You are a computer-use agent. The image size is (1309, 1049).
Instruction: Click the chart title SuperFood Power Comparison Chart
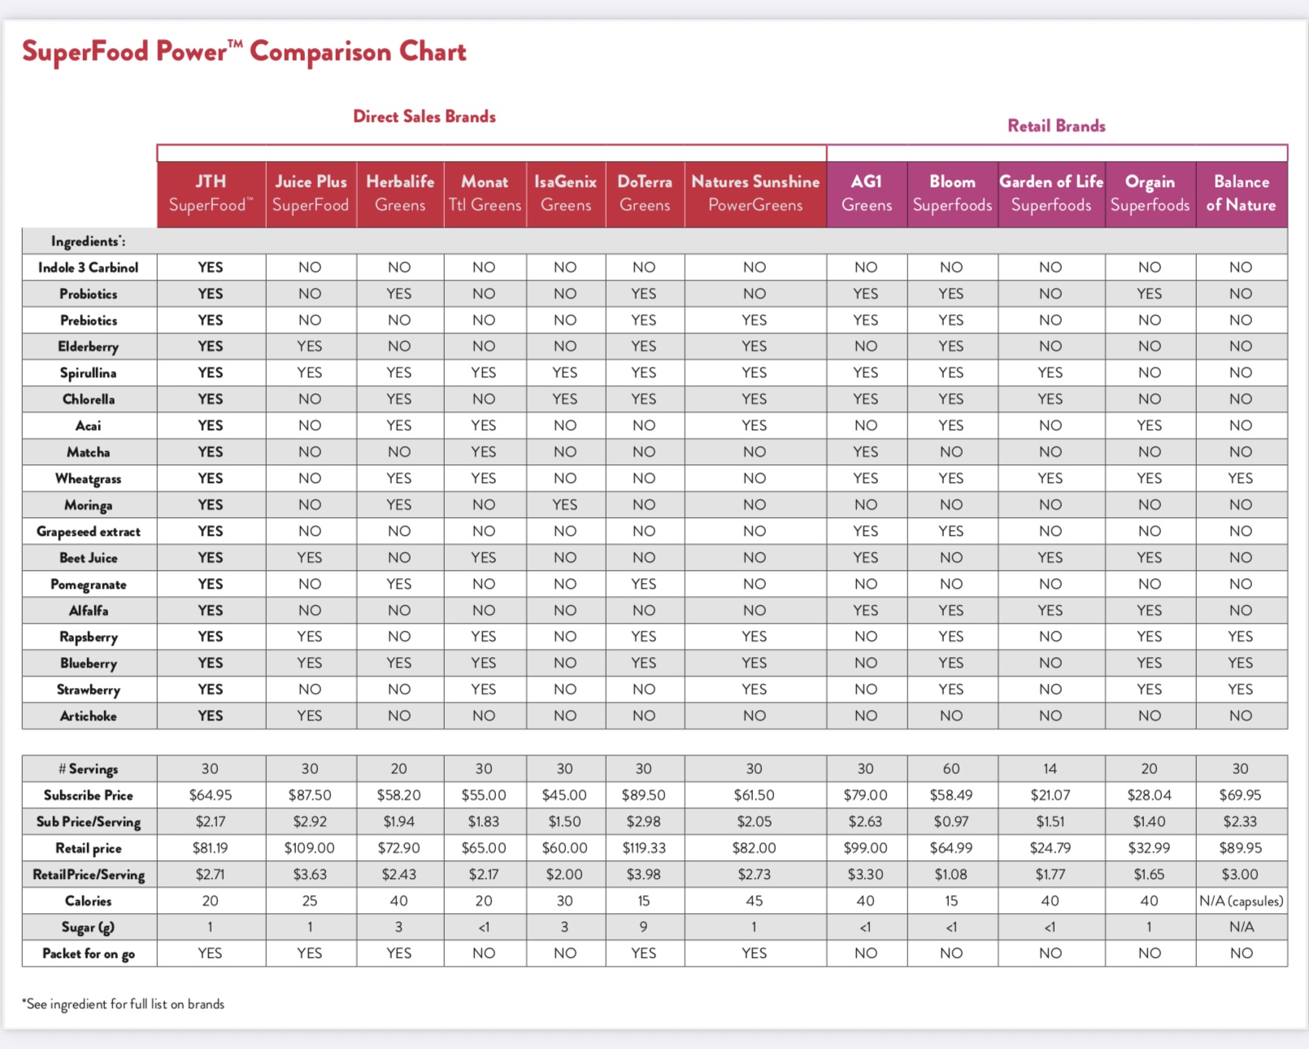244,52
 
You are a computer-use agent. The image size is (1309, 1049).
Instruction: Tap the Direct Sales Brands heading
424,116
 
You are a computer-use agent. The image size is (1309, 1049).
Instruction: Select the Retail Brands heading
1057,126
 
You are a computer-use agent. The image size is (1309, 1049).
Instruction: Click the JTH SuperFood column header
211,194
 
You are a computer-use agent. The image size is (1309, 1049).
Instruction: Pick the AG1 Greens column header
867,194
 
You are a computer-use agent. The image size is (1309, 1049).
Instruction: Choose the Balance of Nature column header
1242,194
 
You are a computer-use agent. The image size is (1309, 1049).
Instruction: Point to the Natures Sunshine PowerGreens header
755,194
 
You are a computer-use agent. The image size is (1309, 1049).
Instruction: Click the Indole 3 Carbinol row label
88,268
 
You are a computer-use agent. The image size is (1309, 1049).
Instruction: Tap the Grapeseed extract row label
88,532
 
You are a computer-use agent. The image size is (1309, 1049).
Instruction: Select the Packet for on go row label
89,954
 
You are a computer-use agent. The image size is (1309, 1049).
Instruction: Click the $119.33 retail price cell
644,848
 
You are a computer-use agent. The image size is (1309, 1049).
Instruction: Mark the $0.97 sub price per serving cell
951,822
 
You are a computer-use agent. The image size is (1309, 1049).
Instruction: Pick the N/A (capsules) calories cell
1242,901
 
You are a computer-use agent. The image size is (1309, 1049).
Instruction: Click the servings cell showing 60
951,769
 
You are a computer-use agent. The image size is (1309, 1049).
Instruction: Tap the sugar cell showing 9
644,927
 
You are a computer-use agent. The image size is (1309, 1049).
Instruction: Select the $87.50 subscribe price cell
310,795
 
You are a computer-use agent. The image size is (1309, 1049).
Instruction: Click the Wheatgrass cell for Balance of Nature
1240,479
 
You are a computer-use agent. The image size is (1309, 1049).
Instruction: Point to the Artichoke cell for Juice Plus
310,716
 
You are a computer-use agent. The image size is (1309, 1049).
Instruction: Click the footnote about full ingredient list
123,1004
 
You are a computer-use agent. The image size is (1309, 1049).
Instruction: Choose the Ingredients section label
88,242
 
